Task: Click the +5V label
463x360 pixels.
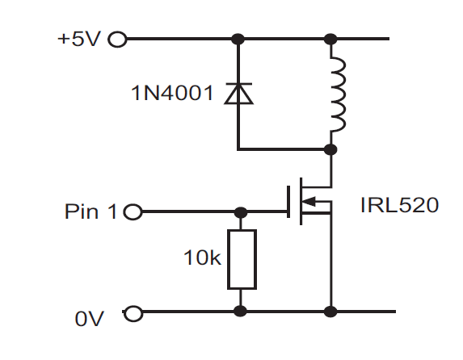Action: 79,39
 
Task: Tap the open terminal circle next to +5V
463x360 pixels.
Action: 117,40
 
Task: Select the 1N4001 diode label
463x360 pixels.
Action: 172,93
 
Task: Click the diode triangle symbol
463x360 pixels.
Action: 238,94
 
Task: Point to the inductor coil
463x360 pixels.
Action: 339,94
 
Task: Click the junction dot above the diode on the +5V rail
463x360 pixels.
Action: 238,39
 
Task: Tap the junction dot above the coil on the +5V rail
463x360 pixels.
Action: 330,39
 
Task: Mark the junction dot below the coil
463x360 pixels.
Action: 330,149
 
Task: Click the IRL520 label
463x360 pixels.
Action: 399,205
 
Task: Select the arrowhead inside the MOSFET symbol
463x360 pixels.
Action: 309,202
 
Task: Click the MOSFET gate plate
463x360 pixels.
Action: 288,202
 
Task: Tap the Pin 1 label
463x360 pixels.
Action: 90,211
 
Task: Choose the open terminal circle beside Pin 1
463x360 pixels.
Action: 133,211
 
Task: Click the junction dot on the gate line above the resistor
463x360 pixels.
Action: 241,211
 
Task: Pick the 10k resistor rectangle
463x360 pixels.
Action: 242,259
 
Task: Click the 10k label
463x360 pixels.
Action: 202,257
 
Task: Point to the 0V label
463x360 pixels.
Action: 89,319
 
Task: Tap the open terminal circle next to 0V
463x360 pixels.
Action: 133,313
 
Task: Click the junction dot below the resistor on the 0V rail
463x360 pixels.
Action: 240,312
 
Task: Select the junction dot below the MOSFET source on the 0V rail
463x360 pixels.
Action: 330,312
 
